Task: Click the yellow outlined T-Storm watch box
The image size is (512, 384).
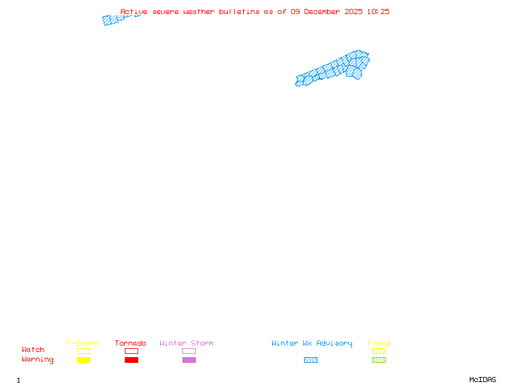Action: point(83,351)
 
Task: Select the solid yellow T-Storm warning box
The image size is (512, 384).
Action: point(83,360)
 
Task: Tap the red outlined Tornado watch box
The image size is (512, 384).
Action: point(131,351)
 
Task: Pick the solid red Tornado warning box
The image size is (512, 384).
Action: point(131,360)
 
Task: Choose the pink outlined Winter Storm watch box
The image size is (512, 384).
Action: point(189,351)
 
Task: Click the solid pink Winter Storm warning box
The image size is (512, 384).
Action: point(189,360)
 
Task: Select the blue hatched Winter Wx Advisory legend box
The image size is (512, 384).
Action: point(310,360)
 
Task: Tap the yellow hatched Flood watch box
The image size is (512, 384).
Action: point(379,351)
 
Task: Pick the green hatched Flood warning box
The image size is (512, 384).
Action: point(379,360)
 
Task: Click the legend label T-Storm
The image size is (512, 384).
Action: point(83,343)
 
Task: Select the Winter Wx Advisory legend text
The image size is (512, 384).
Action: point(312,343)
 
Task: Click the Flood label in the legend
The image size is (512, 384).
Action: point(379,343)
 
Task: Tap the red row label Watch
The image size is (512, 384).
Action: point(33,350)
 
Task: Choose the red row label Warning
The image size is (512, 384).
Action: point(38,360)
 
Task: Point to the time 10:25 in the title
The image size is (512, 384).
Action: point(378,12)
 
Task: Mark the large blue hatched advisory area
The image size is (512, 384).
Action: point(333,69)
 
